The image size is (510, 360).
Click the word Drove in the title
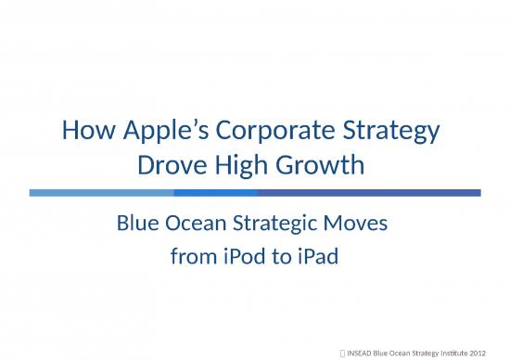click(170, 167)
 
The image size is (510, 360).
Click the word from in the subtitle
click(191, 255)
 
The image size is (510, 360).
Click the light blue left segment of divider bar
click(101, 193)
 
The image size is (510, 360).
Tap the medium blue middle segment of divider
click(215, 193)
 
